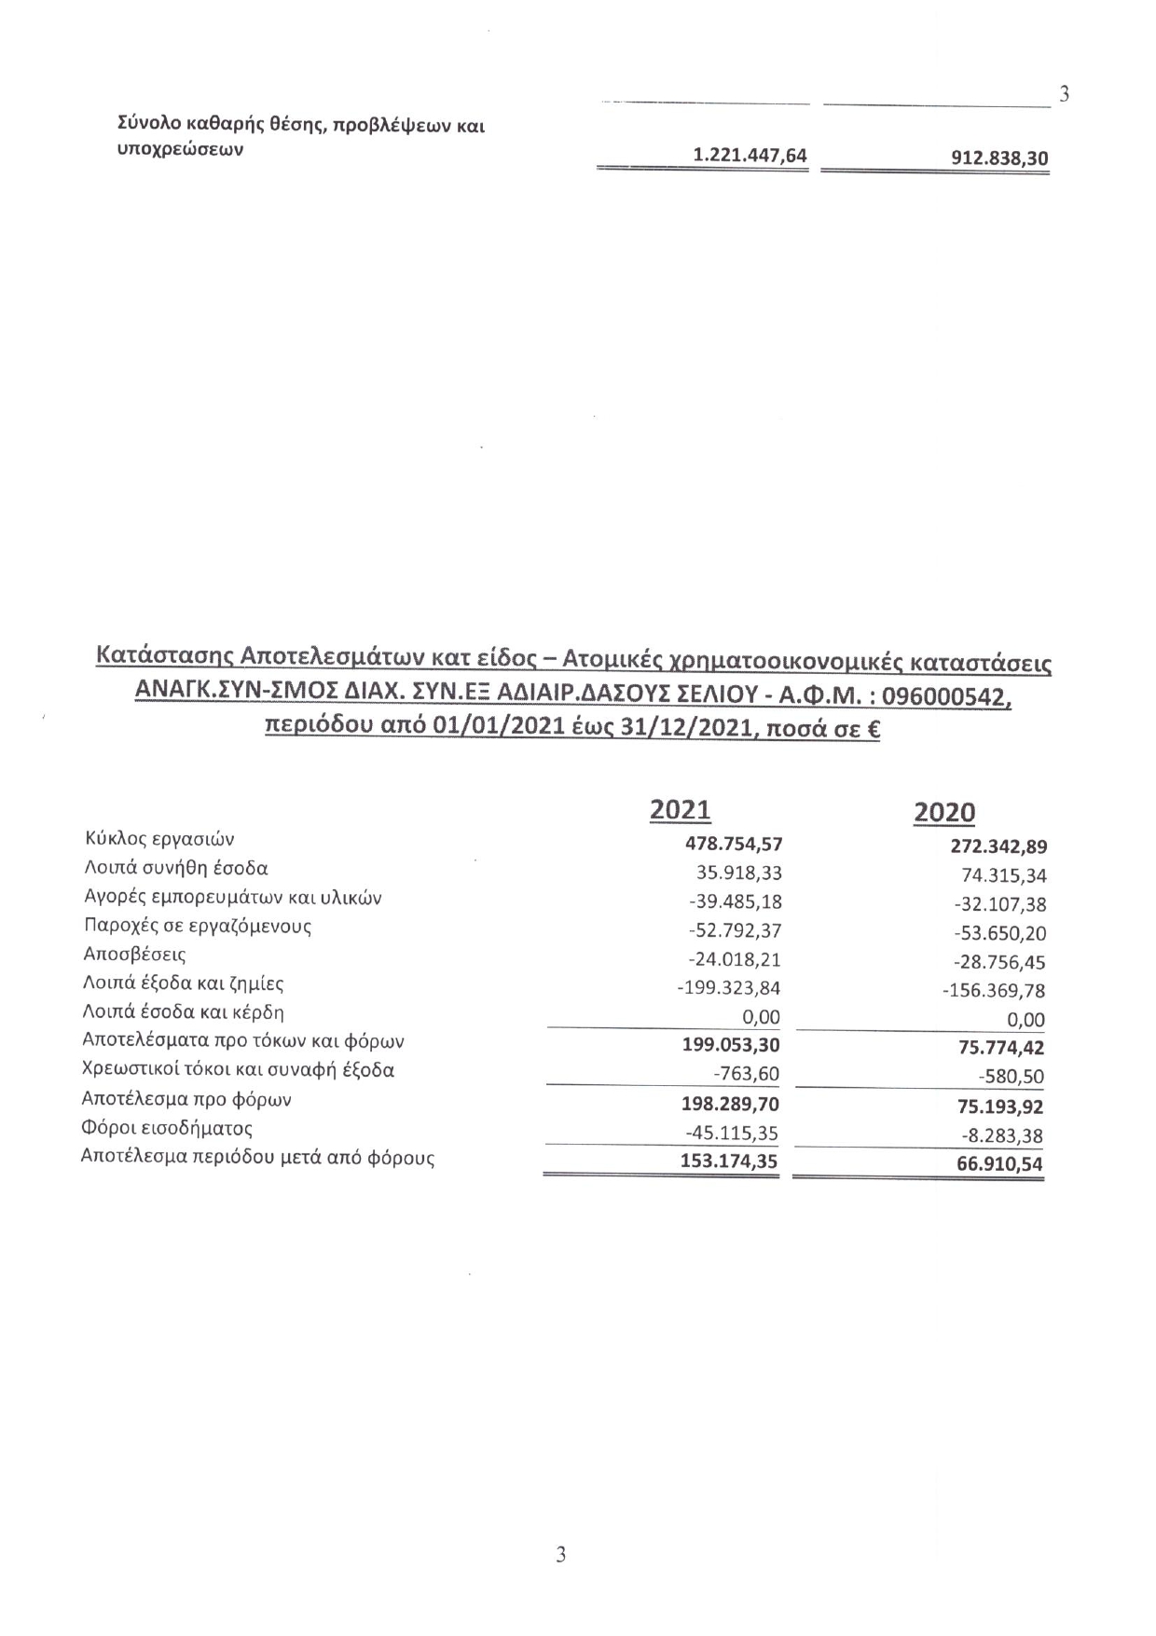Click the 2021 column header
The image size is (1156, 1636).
coord(680,810)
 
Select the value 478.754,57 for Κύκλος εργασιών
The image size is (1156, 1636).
coord(733,845)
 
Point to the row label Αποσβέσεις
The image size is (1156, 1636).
coord(134,955)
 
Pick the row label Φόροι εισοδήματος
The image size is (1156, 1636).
coord(167,1129)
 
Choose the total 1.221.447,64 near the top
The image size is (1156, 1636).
coord(750,156)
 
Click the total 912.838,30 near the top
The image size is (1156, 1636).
coord(998,159)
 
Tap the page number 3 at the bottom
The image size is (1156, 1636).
coord(560,1554)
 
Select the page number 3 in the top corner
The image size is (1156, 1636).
coord(1063,94)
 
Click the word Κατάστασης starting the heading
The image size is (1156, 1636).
coord(164,658)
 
